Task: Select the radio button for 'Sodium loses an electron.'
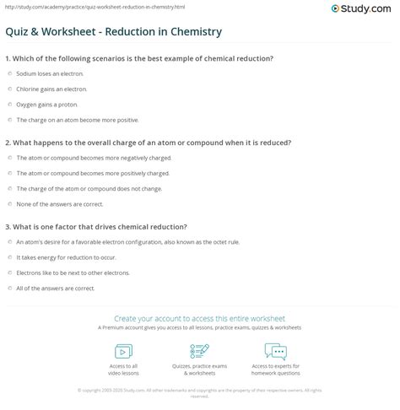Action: click(x=8, y=74)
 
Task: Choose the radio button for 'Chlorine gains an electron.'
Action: click(x=8, y=89)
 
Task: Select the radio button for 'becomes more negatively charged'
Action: click(x=8, y=158)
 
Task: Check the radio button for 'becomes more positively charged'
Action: click(x=8, y=172)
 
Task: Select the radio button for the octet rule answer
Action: click(x=8, y=241)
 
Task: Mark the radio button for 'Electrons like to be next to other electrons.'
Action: click(x=8, y=272)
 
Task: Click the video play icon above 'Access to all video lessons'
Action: click(x=123, y=350)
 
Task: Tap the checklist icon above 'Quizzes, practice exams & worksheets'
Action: click(x=200, y=350)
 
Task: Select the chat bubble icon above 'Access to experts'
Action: click(x=276, y=350)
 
